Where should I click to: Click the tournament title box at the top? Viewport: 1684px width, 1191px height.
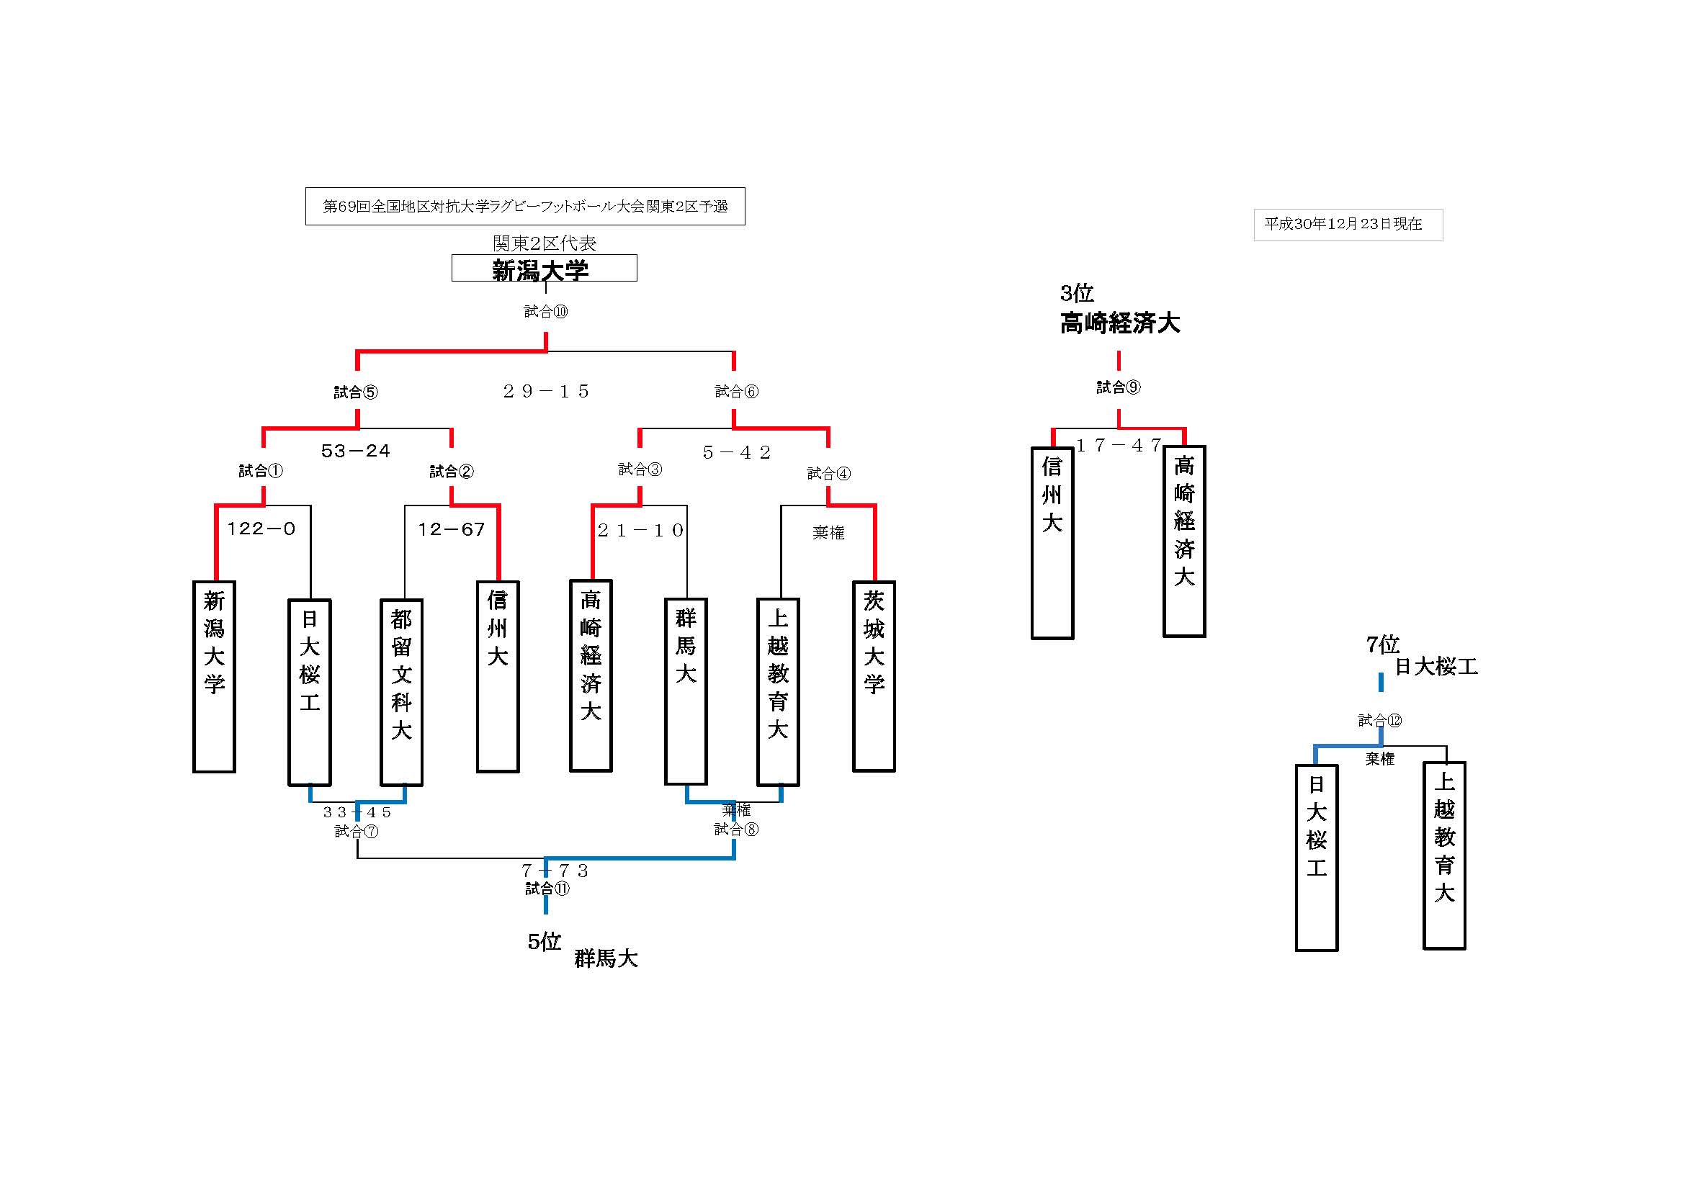(525, 206)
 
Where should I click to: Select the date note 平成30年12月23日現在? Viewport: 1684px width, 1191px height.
(1348, 225)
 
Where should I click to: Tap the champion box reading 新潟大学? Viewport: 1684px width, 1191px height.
(544, 269)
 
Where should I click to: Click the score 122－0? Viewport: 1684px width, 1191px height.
(261, 529)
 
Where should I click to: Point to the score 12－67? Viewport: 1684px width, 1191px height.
(451, 529)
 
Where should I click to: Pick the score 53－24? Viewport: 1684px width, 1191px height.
(356, 451)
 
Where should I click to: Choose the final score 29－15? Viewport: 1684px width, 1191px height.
(546, 392)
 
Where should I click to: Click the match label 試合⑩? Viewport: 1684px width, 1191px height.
(546, 312)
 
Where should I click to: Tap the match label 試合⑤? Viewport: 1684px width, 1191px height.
(357, 392)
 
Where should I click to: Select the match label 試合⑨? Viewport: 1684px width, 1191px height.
(1119, 387)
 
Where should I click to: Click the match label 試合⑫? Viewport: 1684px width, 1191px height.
(1379, 720)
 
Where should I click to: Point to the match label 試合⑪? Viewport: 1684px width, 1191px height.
(547, 889)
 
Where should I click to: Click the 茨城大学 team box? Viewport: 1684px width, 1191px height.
(874, 676)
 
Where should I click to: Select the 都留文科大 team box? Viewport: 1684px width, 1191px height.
(401, 692)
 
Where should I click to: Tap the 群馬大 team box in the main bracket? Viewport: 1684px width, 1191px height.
(686, 691)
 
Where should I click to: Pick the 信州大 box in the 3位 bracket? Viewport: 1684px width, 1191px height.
(1052, 543)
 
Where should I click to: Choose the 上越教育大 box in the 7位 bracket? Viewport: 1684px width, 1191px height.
(1444, 856)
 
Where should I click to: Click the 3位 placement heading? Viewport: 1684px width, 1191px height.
(1077, 293)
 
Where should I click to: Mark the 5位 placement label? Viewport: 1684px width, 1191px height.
(545, 942)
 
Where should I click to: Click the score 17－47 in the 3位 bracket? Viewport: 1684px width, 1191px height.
(1119, 446)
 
